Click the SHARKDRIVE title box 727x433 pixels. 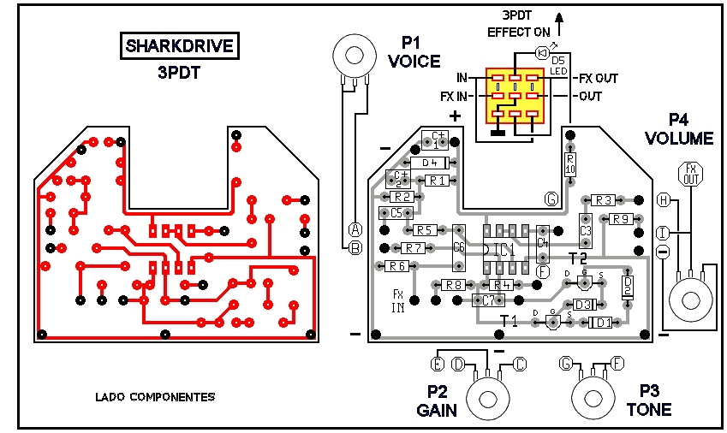coord(179,45)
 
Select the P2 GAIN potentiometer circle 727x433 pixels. coord(487,398)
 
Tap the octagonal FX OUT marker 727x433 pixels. coord(691,175)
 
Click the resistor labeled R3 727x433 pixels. coord(604,200)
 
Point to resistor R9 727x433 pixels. coord(622,219)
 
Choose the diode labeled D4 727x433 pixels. coord(431,162)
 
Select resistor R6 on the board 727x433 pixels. coord(396,266)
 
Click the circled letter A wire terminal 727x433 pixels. coord(355,228)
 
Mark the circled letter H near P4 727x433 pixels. coord(663,199)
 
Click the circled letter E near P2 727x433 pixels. coord(437,365)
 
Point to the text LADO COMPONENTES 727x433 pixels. coord(155,397)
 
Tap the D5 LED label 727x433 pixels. coord(557,64)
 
